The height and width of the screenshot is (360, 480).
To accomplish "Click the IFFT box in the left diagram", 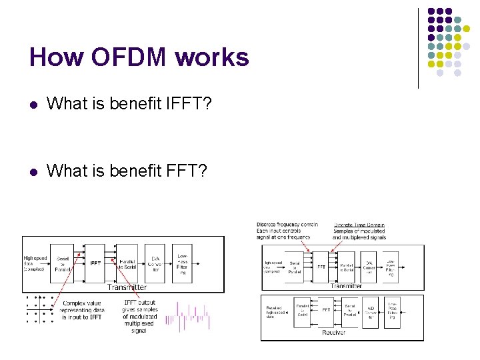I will point(96,263).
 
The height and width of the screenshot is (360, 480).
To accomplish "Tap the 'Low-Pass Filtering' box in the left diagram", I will point(182,263).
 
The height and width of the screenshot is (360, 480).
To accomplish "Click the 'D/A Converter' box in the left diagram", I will point(155,263).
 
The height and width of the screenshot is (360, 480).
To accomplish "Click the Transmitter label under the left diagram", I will point(127,287).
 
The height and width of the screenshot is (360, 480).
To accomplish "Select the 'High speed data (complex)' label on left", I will point(34,263).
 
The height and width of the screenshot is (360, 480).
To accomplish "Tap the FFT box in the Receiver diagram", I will point(327,311).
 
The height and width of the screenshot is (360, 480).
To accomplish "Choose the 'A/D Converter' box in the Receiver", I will point(371,312).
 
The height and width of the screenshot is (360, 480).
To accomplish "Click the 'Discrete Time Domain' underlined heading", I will point(359,225).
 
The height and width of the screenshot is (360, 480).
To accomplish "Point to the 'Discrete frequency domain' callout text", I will point(287,231).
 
